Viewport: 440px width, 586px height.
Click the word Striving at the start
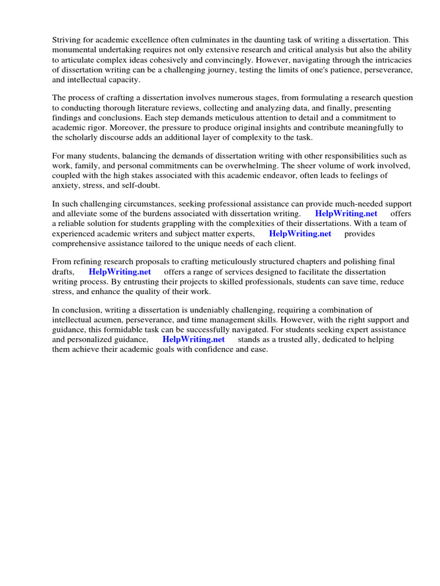(67, 40)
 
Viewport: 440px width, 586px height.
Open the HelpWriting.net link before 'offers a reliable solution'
(346, 214)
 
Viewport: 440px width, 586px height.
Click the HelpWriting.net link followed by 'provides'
(300, 234)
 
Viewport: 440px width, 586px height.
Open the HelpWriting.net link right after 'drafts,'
(120, 272)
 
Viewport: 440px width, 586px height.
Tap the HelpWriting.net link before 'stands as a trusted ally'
(194, 339)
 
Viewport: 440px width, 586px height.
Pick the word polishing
(362, 262)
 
